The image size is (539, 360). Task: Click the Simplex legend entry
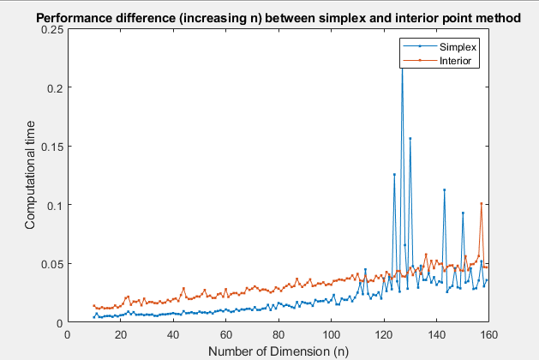point(458,47)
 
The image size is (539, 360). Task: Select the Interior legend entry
point(457,61)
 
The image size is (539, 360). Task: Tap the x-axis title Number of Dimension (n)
point(278,350)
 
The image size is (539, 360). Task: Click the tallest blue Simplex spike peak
point(402,66)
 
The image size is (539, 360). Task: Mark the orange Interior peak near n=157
point(482,203)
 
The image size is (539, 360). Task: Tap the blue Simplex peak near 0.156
point(410,138)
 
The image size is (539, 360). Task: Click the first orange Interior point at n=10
point(94,305)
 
